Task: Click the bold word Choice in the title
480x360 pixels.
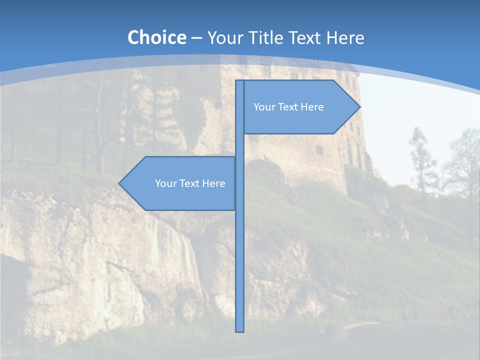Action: pos(156,37)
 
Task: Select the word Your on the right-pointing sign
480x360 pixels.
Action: pos(263,107)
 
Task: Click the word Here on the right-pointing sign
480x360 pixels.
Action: pos(312,107)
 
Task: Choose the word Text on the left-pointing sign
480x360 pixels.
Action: pos(189,183)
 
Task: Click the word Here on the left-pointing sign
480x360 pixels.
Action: pos(214,183)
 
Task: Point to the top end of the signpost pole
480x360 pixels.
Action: pos(239,81)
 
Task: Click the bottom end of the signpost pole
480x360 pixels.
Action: pos(239,330)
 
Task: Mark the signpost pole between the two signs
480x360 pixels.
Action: pos(239,145)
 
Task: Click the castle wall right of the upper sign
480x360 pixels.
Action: pos(350,145)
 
